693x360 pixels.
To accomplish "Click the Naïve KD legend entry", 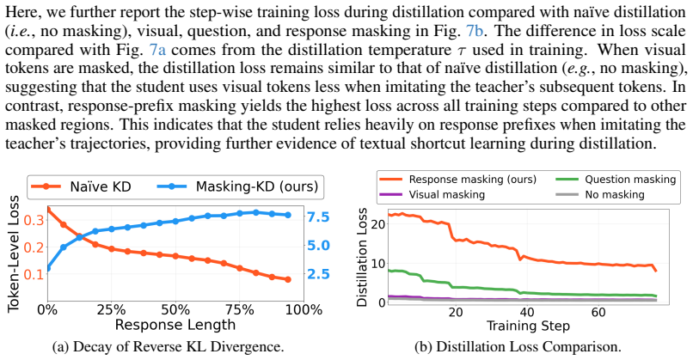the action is (x=81, y=186).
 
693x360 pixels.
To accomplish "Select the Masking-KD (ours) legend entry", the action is (x=238, y=186).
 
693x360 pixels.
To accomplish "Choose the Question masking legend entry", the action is (x=616, y=180).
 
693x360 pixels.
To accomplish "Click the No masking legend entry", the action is (x=600, y=194).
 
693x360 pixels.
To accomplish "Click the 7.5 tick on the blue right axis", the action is (x=319, y=217).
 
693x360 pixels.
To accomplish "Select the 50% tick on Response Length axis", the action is (x=175, y=310).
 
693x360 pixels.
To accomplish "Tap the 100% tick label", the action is (x=304, y=310).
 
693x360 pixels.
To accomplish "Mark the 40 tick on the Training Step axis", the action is (x=527, y=312).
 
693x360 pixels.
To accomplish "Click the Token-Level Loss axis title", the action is (x=14, y=253).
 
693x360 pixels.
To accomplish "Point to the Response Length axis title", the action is (x=175, y=325).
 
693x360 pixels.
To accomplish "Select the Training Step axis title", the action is (x=528, y=326).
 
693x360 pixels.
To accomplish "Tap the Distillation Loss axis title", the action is (x=363, y=257).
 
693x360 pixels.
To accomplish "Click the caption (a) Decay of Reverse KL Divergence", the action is (x=168, y=347).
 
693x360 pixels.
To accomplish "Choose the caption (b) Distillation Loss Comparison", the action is (x=518, y=347).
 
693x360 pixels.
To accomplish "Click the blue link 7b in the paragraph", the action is (x=475, y=32).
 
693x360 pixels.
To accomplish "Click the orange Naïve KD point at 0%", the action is (x=48, y=210).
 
